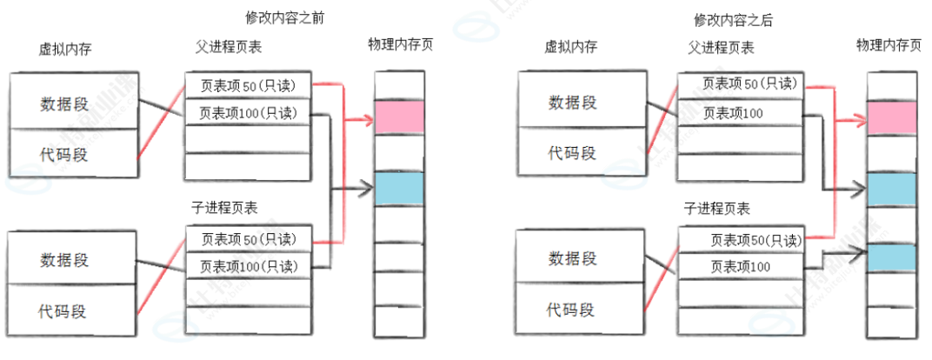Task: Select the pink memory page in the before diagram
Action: [x=399, y=117]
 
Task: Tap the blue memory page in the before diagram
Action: [x=399, y=189]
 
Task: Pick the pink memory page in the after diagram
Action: [x=892, y=117]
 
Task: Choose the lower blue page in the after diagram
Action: [x=892, y=257]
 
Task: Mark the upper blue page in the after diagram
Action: [x=892, y=188]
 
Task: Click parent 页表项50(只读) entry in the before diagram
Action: [x=249, y=84]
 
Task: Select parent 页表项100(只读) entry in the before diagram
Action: [x=249, y=113]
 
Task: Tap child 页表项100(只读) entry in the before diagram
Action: [x=249, y=265]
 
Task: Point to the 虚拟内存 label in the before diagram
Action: [x=65, y=50]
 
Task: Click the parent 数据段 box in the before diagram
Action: [x=73, y=103]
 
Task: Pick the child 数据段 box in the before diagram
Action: [x=73, y=259]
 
